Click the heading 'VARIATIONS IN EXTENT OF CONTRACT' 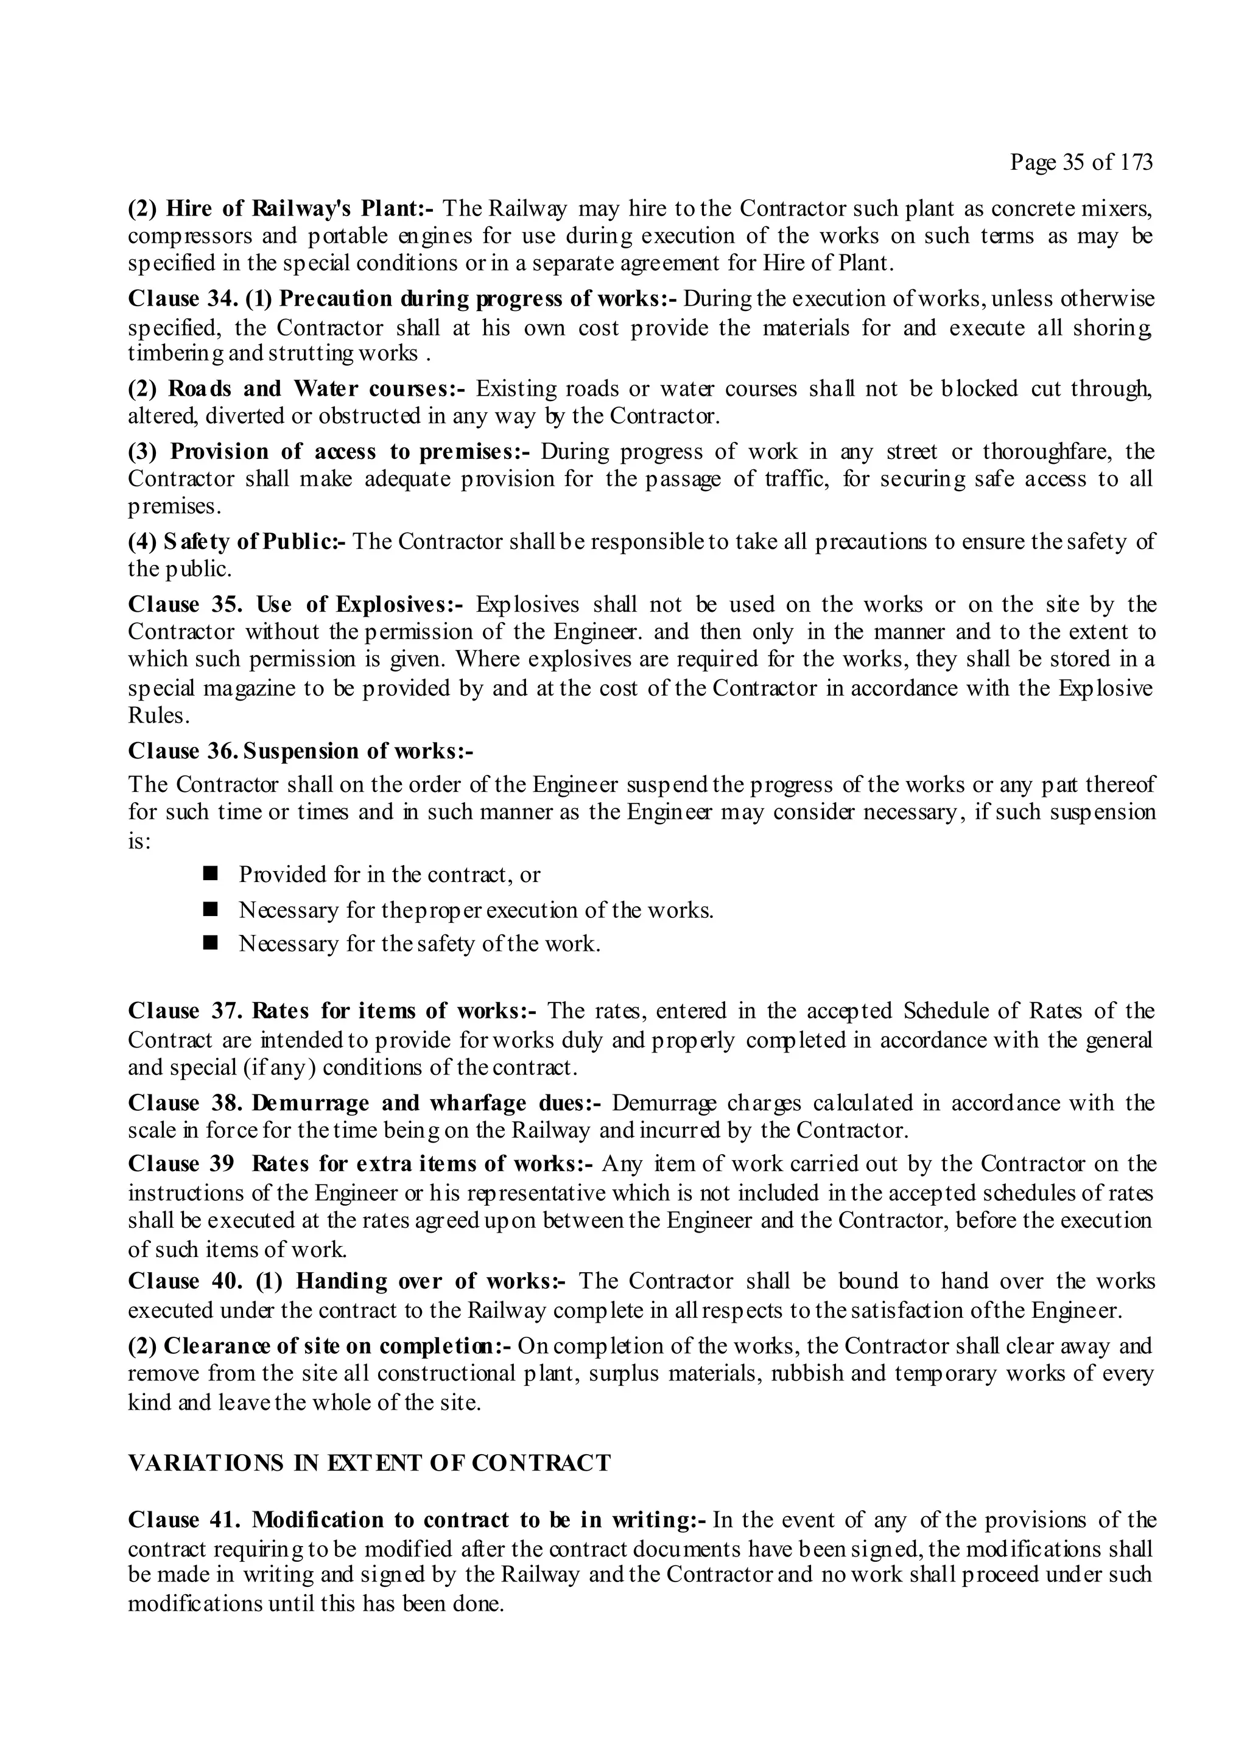(x=369, y=1463)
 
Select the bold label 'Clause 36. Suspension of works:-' (x=300, y=751)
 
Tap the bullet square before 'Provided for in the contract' (x=211, y=873)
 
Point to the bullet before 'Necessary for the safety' (x=211, y=943)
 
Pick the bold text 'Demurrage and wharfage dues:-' (x=426, y=1104)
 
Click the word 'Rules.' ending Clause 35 (x=159, y=715)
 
